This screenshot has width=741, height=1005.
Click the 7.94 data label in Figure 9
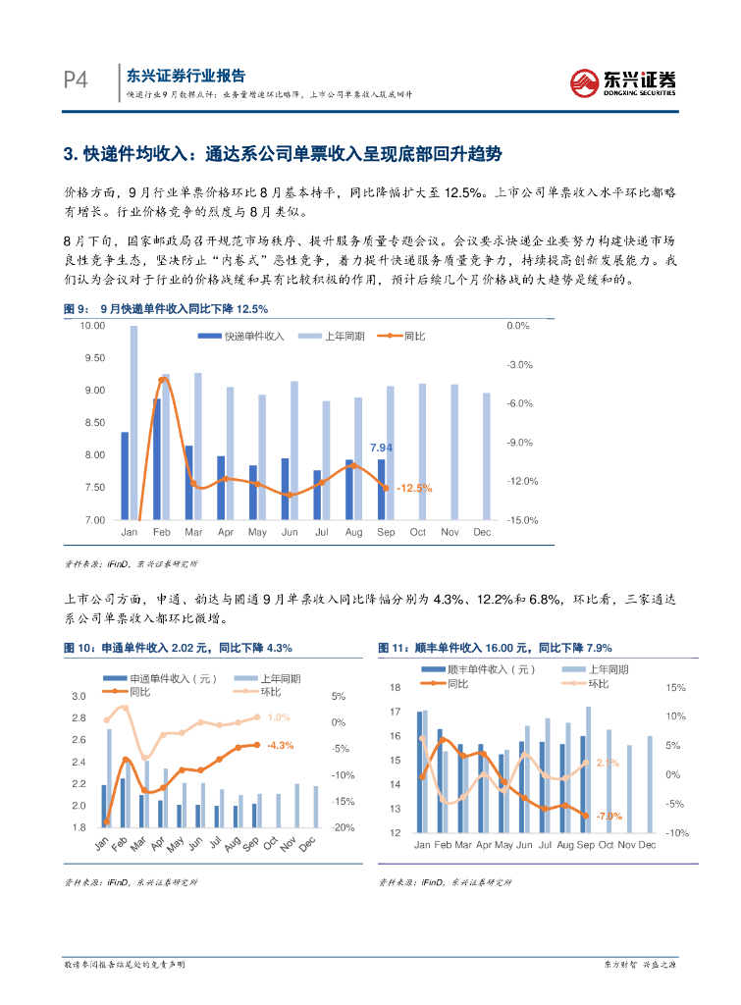381,448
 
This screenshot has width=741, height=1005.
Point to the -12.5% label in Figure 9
413,488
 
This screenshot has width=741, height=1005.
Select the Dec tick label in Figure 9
482,532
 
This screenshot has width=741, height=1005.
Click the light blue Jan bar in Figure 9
133,422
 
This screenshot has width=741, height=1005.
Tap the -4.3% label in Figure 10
281,745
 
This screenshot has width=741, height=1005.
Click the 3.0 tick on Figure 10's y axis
79,696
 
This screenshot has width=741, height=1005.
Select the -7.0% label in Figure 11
609,816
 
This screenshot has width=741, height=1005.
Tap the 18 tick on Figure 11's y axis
396,687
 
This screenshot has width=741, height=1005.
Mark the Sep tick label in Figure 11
585,845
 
